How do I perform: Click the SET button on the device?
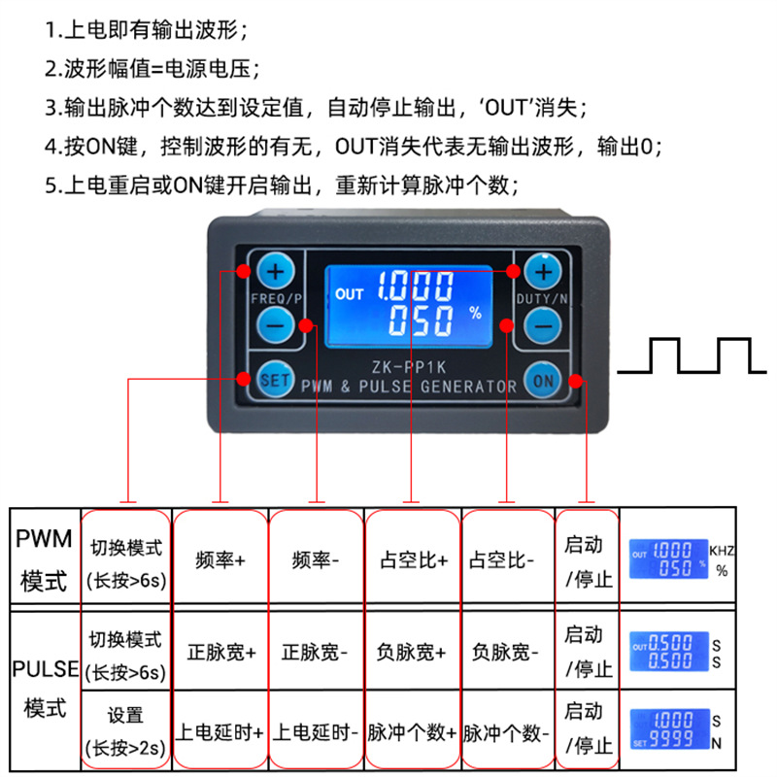point(276,380)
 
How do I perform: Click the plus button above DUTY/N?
point(544,271)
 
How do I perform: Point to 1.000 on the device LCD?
point(416,287)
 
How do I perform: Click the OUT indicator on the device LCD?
point(348,292)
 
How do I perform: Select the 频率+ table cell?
point(220,560)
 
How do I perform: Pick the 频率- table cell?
point(317,560)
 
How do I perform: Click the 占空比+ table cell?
point(413,560)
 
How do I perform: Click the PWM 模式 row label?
point(44,560)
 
